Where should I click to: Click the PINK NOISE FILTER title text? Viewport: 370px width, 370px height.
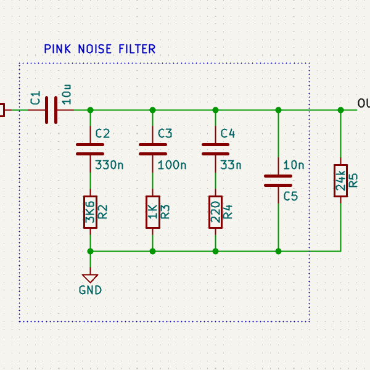[99, 49]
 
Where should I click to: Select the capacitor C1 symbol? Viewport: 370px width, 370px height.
[51, 110]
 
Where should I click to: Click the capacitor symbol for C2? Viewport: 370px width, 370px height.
[91, 149]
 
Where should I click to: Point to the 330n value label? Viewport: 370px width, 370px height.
[109, 165]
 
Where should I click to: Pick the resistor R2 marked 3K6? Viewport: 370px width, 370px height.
[91, 212]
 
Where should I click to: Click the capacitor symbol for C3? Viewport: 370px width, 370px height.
[153, 149]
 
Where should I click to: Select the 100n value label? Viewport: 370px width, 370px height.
[172, 165]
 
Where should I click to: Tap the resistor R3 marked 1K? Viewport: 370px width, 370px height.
[153, 212]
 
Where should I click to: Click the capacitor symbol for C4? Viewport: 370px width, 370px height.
[215, 149]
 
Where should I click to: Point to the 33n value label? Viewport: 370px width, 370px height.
[231, 165]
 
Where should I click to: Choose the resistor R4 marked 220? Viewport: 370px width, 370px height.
[215, 212]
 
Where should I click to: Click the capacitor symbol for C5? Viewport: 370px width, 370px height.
[278, 180]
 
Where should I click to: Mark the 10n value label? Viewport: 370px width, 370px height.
[294, 165]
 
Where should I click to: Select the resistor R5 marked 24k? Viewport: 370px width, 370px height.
[340, 181]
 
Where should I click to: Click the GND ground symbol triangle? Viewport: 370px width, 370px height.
[91, 278]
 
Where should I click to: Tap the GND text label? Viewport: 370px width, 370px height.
[91, 290]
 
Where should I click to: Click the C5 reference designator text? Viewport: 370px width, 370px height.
[290, 196]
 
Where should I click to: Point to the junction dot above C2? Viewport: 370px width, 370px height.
[91, 110]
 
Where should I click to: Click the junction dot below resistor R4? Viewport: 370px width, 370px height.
[215, 251]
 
